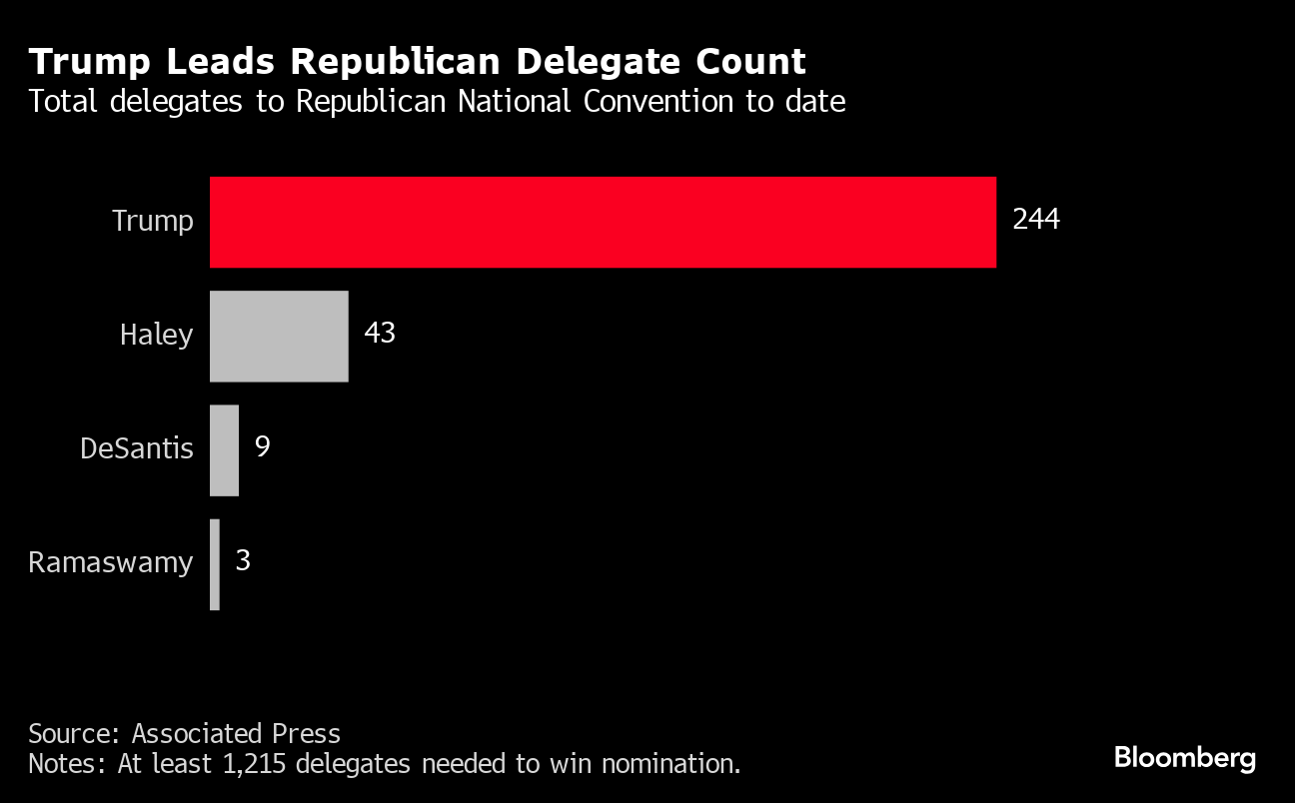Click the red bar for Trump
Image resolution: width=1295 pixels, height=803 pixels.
click(x=603, y=222)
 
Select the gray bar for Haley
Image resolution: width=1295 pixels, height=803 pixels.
click(x=279, y=336)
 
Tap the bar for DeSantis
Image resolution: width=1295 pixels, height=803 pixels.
click(x=224, y=449)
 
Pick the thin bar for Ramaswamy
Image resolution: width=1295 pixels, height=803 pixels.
click(x=215, y=564)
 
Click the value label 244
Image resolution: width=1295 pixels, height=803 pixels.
click(x=1035, y=220)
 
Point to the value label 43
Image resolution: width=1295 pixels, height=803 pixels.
click(x=380, y=333)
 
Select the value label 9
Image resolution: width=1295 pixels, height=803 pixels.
click(x=262, y=446)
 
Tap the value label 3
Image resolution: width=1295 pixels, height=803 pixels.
click(x=243, y=560)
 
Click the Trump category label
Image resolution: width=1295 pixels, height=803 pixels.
click(x=152, y=221)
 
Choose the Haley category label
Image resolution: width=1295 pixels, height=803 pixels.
click(x=156, y=335)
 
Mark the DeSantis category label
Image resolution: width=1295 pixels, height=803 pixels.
click(x=136, y=448)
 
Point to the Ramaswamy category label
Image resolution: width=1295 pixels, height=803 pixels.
click(x=110, y=562)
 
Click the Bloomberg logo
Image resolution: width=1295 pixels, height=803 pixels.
click(x=1184, y=758)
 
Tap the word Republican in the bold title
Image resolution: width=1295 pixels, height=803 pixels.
click(x=413, y=62)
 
